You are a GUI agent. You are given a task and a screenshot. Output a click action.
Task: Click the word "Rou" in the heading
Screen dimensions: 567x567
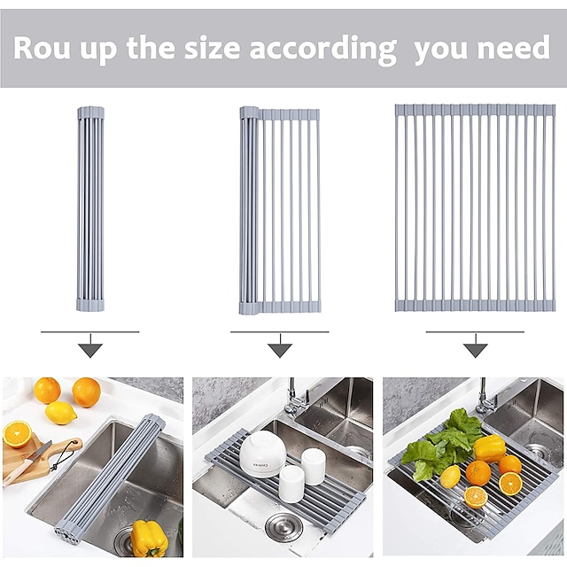[x=42, y=49]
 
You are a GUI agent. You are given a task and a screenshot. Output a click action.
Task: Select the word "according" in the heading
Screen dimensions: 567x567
[x=322, y=50]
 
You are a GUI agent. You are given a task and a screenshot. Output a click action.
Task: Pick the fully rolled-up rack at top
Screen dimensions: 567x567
[x=90, y=209]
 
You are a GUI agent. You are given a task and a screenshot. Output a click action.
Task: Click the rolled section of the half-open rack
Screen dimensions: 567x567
[x=249, y=211]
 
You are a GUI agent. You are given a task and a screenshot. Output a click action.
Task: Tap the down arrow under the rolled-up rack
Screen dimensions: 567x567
[x=90, y=346]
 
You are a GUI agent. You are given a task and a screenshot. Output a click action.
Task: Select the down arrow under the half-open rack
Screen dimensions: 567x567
[x=280, y=346]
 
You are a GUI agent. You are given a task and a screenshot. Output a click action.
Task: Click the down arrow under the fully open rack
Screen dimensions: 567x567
[x=476, y=346]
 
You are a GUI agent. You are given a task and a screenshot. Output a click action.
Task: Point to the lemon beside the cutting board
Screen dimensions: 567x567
[x=61, y=413]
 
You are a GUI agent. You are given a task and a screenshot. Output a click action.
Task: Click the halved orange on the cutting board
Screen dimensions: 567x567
[x=17, y=434]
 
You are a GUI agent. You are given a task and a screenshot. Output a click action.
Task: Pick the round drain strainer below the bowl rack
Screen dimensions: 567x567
[x=283, y=527]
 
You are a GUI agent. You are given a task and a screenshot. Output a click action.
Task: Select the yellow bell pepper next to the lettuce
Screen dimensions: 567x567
[x=489, y=448]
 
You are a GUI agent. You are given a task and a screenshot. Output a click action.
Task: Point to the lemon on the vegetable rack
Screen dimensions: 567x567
[x=450, y=477]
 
